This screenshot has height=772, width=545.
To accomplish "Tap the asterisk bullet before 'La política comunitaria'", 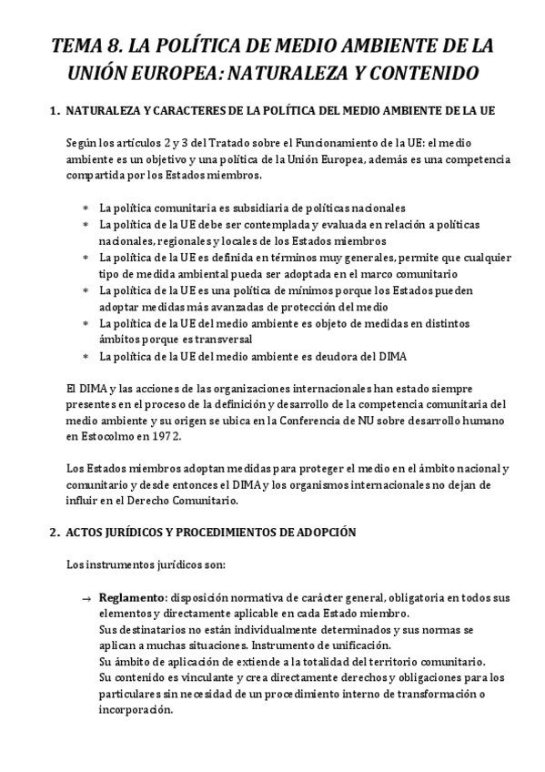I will (x=86, y=208).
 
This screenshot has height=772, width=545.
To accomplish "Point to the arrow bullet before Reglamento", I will (x=86, y=598).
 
